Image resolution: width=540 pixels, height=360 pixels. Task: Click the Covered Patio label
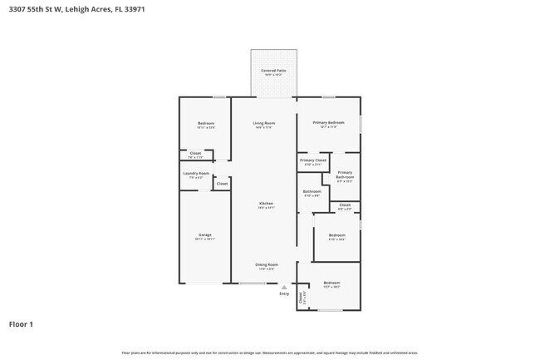pyautogui.click(x=273, y=71)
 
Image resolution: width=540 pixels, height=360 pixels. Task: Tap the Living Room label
pyautogui.click(x=264, y=123)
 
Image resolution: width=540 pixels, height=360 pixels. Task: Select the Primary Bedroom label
pyautogui.click(x=328, y=123)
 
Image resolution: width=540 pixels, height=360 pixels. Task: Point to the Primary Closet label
pyautogui.click(x=312, y=160)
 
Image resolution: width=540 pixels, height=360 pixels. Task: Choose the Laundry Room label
pyautogui.click(x=196, y=174)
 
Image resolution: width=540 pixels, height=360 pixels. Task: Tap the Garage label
pyautogui.click(x=204, y=235)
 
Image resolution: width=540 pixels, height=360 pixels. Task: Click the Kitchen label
pyautogui.click(x=266, y=204)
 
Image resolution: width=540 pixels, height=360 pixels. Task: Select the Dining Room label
pyautogui.click(x=267, y=264)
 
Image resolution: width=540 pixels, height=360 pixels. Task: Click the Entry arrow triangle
pyautogui.click(x=284, y=287)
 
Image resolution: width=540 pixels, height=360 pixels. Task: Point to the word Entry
pyautogui.click(x=284, y=293)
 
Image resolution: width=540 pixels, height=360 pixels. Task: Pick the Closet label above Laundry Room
pyautogui.click(x=195, y=154)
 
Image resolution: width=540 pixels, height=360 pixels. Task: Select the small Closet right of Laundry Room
pyautogui.click(x=222, y=184)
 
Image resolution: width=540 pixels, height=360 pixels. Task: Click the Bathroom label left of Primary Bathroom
pyautogui.click(x=312, y=192)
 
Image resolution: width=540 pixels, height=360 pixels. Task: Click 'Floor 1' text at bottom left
pyautogui.click(x=22, y=324)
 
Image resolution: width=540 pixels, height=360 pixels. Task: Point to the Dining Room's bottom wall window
pyautogui.click(x=253, y=284)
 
